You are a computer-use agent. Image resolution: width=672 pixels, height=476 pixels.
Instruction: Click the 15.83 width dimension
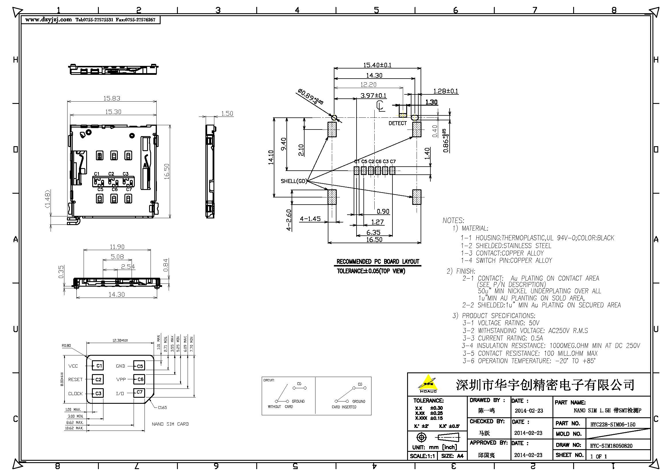pyautogui.click(x=111, y=98)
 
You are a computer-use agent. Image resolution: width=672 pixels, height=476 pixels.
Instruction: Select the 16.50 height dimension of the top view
pyautogui.click(x=167, y=172)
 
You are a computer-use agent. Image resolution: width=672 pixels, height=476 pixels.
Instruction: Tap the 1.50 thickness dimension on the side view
pyautogui.click(x=227, y=113)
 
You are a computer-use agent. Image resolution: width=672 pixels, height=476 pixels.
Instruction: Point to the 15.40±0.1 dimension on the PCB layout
pyautogui.click(x=377, y=65)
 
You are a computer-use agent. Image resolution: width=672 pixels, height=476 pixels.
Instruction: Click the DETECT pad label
pyautogui.click(x=397, y=123)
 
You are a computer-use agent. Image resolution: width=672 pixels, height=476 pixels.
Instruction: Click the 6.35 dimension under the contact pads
pyautogui.click(x=373, y=233)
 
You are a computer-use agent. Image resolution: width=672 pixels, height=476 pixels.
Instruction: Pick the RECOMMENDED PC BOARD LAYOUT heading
pyautogui.click(x=378, y=261)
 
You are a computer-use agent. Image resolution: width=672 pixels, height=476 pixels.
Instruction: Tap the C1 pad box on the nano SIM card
pyautogui.click(x=98, y=365)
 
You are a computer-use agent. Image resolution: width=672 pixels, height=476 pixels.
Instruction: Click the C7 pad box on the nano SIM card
pyautogui.click(x=139, y=393)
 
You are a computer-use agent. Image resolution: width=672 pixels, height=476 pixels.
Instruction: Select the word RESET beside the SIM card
pyautogui.click(x=75, y=379)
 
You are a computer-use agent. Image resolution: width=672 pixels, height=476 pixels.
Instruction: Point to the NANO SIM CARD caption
pyautogui.click(x=170, y=424)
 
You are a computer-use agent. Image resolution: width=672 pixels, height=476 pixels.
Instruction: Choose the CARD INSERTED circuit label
pyautogui.click(x=344, y=407)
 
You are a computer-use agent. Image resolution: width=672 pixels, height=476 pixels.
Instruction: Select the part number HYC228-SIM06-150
pyautogui.click(x=613, y=424)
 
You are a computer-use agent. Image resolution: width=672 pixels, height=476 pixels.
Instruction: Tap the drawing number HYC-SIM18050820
pyautogui.click(x=611, y=446)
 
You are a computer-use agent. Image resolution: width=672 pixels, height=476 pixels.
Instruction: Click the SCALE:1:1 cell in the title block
pyautogui.click(x=422, y=456)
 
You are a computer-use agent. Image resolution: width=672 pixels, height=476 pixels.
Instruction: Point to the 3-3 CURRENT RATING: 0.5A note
pyautogui.click(x=502, y=338)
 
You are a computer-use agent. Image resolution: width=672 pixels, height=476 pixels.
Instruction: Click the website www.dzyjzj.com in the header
pyautogui.click(x=48, y=20)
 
